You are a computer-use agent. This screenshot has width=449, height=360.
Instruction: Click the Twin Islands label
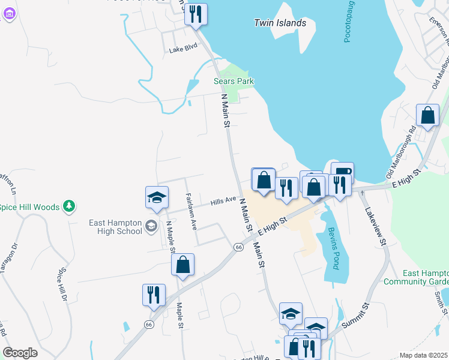280,23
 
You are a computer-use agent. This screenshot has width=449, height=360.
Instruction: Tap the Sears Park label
234,81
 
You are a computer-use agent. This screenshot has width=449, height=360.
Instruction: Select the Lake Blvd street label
183,50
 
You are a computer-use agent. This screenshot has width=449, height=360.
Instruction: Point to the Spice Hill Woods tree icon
70,206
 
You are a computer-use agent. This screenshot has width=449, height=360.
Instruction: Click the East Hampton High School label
115,227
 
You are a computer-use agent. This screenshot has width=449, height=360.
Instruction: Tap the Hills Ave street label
223,202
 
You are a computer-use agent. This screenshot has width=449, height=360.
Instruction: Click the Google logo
20,353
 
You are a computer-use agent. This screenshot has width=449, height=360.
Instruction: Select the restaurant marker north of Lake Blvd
195,14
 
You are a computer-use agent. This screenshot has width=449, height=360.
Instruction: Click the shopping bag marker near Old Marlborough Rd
427,116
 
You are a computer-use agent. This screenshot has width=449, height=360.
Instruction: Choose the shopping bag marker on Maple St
182,265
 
